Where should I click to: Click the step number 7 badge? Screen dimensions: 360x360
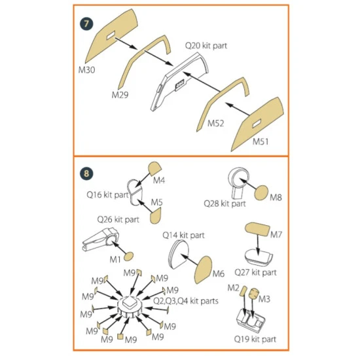pyautogui.click(x=86, y=24)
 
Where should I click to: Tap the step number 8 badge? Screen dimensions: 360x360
pyautogui.click(x=86, y=173)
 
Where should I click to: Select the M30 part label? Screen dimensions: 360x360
pyautogui.click(x=87, y=70)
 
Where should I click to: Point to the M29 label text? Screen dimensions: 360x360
pyautogui.click(x=120, y=95)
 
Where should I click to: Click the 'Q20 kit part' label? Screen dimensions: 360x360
pyautogui.click(x=206, y=46)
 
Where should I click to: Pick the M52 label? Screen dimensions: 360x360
pyautogui.click(x=215, y=123)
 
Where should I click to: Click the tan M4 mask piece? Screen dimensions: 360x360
pyautogui.click(x=155, y=168)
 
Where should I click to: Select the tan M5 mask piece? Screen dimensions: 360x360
pyautogui.click(x=156, y=216)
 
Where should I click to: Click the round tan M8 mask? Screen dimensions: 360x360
pyautogui.click(x=261, y=193)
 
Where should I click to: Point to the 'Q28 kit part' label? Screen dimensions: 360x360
pyautogui.click(x=225, y=204)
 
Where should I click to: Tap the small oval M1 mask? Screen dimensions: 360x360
pyautogui.click(x=128, y=257)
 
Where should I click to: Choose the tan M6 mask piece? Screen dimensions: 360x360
pyautogui.click(x=203, y=270)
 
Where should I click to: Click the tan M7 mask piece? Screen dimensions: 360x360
pyautogui.click(x=257, y=229)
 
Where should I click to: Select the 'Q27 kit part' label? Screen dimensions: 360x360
pyautogui.click(x=255, y=272)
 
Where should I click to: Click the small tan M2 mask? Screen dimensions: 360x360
pyautogui.click(x=243, y=291)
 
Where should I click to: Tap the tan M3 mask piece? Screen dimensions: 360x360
pyautogui.click(x=254, y=294)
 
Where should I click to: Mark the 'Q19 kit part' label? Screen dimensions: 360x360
pyautogui.click(x=255, y=339)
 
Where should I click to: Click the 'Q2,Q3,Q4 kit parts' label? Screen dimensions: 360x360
pyautogui.click(x=185, y=301)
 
